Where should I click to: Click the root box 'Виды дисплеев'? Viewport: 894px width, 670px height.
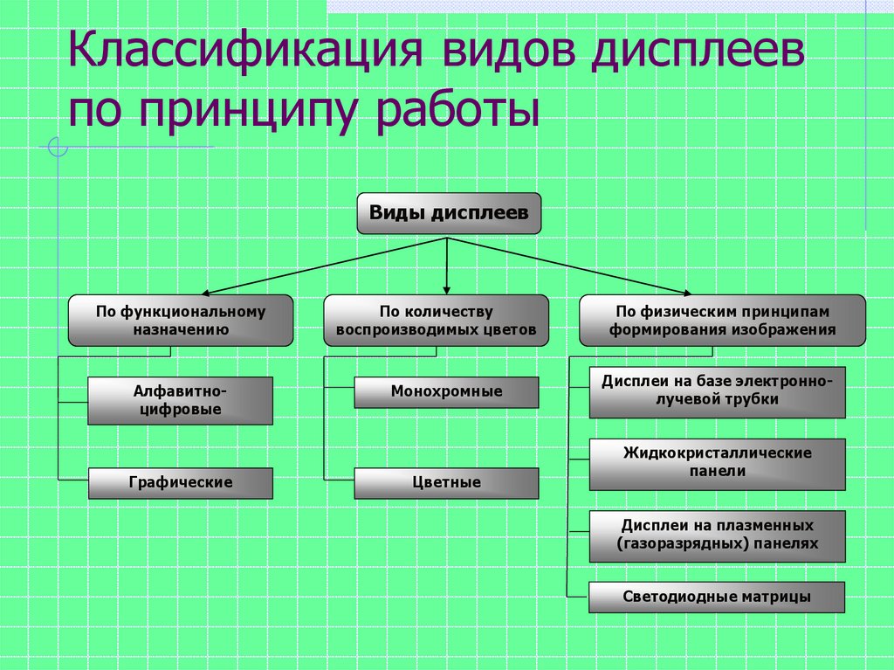point(449,214)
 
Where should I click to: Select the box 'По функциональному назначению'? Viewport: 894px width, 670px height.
point(181,321)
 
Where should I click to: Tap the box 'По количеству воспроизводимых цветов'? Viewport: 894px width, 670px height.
point(437,321)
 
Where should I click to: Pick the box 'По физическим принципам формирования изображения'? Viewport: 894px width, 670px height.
point(722,321)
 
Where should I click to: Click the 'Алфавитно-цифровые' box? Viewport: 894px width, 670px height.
point(181,401)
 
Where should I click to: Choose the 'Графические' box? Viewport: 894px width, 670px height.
point(181,482)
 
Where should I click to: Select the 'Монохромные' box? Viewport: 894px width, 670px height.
point(446,392)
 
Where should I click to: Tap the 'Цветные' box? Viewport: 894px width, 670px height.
point(446,482)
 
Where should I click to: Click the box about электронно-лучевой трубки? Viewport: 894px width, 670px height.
point(718,392)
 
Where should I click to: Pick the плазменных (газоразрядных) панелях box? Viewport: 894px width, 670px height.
point(718,535)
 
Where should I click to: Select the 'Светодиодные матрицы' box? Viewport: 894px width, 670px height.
point(718,597)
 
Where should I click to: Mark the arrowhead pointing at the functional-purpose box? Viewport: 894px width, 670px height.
point(207,293)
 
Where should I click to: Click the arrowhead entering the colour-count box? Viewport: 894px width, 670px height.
point(447,288)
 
